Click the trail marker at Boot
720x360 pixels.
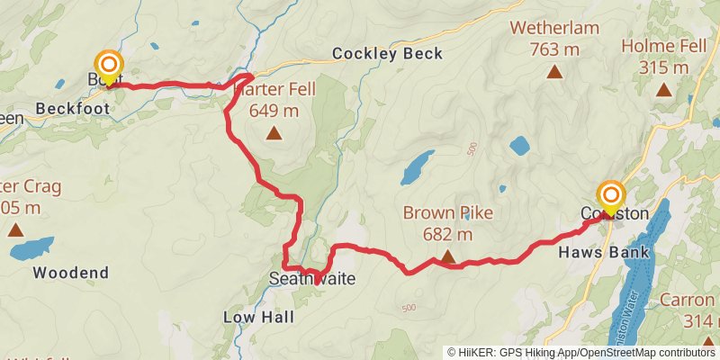click(109, 66)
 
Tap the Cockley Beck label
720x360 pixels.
click(387, 54)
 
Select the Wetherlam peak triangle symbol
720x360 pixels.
click(554, 73)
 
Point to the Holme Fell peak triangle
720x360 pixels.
click(663, 89)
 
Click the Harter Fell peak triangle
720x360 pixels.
click(274, 135)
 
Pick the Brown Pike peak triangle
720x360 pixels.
click(447, 258)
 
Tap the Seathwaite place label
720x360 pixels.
click(312, 280)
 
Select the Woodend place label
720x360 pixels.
click(70, 272)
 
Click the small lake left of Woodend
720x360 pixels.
click(31, 247)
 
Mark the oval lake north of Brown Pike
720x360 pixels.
click(416, 166)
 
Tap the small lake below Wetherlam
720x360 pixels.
click(519, 144)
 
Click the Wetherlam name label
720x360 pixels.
click(554, 28)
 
